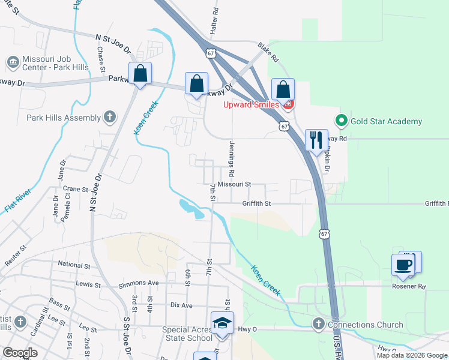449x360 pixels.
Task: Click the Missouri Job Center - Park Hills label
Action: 55,63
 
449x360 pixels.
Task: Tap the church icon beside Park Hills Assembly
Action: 109,117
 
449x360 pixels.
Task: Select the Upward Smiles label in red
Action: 251,104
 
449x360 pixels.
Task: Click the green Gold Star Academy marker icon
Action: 342,121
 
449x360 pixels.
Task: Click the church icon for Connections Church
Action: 318,325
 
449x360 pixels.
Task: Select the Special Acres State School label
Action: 187,334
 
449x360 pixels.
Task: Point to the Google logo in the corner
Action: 20,353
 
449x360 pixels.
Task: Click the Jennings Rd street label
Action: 232,154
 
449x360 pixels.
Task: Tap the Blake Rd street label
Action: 268,52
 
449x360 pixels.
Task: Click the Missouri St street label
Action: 234,185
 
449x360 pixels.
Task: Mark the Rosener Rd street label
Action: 409,287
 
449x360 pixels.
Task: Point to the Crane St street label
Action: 76,189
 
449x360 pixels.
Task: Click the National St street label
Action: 74,264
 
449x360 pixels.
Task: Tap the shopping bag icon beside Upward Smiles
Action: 283,89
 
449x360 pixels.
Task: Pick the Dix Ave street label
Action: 181,305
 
